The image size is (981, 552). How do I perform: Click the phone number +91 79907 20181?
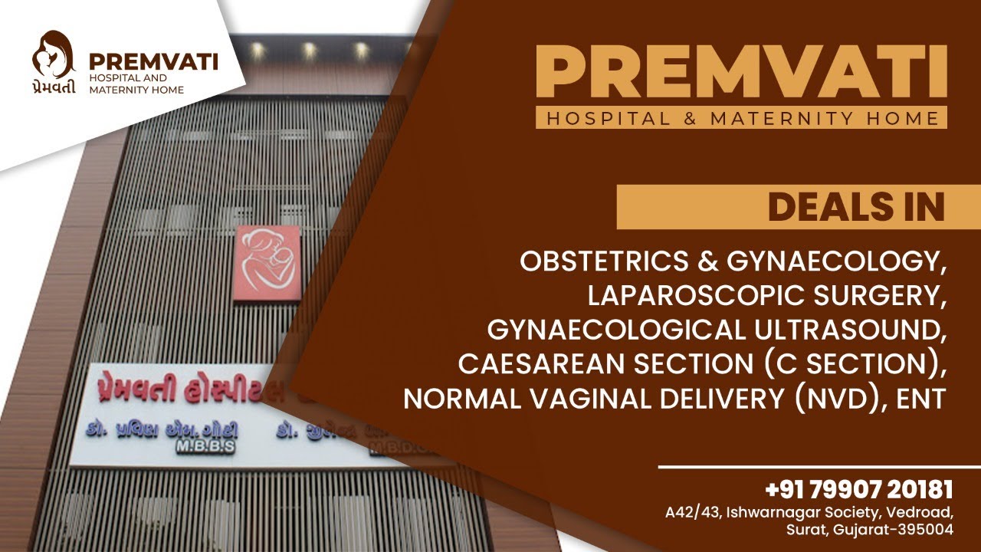pos(858,489)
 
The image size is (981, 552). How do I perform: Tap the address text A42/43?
pos(691,511)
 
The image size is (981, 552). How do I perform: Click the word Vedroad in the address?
pos(924,511)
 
